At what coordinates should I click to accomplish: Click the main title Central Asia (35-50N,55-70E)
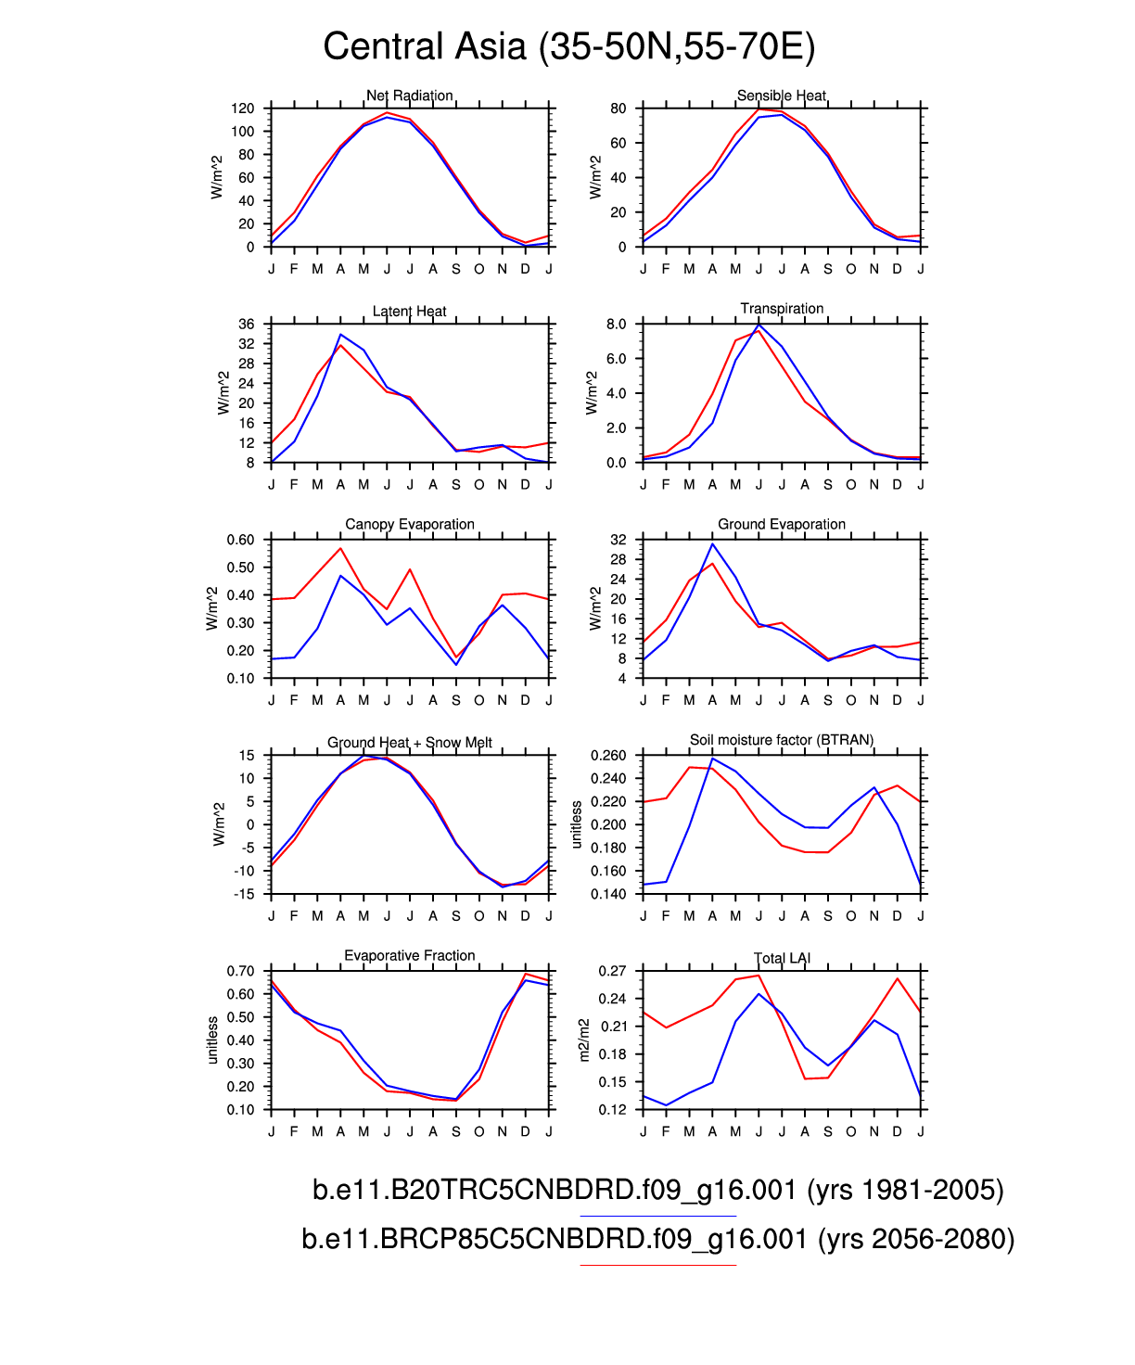568,46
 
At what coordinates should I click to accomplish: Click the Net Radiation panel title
410,96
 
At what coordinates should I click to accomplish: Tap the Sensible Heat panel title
782,96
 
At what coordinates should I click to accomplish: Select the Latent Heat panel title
410,312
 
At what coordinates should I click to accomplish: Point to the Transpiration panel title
782,309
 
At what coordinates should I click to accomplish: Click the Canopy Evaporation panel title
410,525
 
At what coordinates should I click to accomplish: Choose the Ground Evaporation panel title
782,525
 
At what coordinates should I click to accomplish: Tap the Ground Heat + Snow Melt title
410,743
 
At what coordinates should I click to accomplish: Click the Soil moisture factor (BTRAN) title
782,740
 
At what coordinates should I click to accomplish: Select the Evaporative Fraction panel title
410,956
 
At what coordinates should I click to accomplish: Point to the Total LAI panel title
782,959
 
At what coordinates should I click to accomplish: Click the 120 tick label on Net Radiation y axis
242,108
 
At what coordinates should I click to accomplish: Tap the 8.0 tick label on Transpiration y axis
616,325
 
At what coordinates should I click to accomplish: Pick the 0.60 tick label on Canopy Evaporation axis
240,540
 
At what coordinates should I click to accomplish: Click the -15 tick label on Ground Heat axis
246,894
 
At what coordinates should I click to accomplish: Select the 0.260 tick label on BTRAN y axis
608,756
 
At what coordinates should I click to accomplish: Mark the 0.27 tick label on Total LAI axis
612,971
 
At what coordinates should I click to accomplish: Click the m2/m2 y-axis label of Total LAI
584,1040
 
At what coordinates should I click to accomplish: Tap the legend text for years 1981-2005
658,1190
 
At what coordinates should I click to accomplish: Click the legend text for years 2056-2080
658,1239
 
